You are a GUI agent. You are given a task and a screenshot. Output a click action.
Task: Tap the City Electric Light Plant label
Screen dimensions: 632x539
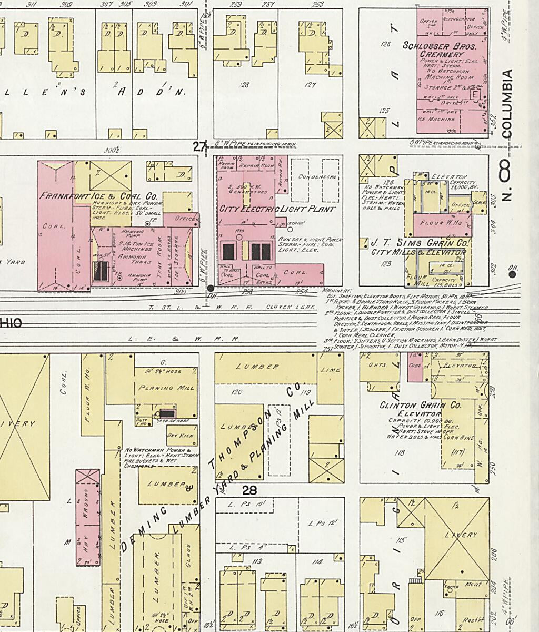pyautogui.click(x=277, y=209)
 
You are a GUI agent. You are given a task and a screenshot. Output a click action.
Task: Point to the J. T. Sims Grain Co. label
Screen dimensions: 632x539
pyautogui.click(x=420, y=243)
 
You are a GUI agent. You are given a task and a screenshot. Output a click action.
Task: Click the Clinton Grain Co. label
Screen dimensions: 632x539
pyautogui.click(x=420, y=406)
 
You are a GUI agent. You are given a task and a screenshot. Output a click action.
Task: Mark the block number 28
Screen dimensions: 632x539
pyautogui.click(x=249, y=490)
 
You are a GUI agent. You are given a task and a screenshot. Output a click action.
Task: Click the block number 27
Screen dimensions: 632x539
pyautogui.click(x=199, y=147)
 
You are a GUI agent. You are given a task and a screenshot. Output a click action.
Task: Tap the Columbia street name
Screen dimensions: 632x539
pyautogui.click(x=507, y=104)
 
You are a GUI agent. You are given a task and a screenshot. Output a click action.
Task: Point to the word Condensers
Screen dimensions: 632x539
pyautogui.click(x=317, y=177)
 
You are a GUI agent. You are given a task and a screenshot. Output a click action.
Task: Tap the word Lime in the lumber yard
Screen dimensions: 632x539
pyautogui.click(x=331, y=370)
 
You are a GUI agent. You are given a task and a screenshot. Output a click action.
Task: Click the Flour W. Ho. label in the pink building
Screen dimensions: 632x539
pyautogui.click(x=440, y=222)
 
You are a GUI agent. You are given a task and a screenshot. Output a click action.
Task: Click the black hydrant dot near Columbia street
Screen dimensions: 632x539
pyautogui.click(x=512, y=274)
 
